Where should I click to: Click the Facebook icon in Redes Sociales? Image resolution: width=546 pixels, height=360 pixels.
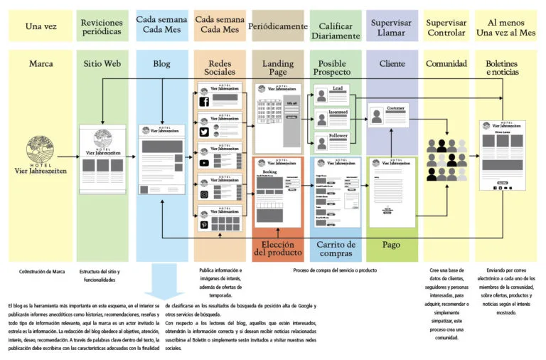204,102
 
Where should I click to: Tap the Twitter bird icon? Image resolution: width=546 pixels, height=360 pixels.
204,132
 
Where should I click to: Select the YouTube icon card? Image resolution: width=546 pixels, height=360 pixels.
204,163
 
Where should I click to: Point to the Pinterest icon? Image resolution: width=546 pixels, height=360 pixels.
204,224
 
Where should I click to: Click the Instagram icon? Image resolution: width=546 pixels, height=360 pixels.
204,194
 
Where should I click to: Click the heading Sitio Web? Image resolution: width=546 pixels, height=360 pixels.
102,63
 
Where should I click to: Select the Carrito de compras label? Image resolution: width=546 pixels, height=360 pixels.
336,249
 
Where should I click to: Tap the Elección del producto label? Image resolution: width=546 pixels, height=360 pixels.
277,249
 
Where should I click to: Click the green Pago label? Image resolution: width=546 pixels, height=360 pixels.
391,245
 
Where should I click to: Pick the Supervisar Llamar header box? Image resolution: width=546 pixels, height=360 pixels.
391,27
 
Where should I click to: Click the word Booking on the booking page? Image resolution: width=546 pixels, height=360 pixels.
269,172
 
